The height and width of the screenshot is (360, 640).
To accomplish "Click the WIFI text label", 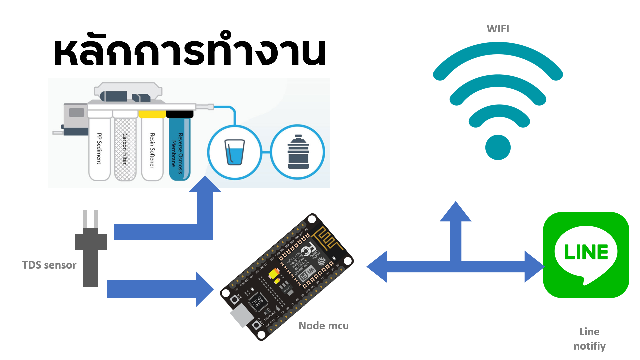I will pyautogui.click(x=498, y=29).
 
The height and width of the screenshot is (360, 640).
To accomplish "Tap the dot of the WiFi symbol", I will pyautogui.click(x=498, y=147).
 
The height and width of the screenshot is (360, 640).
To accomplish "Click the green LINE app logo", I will pyautogui.click(x=586, y=255).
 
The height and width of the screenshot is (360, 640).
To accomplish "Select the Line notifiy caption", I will pyautogui.click(x=589, y=339).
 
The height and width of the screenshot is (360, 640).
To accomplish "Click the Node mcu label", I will pyautogui.click(x=323, y=326).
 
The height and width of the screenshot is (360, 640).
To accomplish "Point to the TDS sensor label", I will pyautogui.click(x=49, y=265).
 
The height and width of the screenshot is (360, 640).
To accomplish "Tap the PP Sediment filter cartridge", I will pyautogui.click(x=99, y=148).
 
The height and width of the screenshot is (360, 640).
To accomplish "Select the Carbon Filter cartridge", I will pyautogui.click(x=125, y=148).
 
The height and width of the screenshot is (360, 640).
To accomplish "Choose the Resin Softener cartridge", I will pyautogui.click(x=152, y=148).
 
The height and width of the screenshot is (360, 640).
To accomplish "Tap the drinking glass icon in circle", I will pyautogui.click(x=235, y=152).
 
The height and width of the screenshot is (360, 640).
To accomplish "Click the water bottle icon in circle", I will pyautogui.click(x=298, y=152).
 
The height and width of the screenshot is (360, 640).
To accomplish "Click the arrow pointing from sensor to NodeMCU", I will pyautogui.click(x=160, y=289).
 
